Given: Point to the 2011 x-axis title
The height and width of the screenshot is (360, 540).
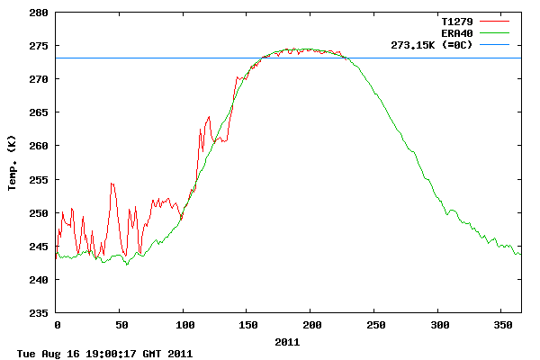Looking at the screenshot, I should tap(287, 342).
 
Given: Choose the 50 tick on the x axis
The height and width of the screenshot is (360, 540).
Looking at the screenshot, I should tap(121, 324).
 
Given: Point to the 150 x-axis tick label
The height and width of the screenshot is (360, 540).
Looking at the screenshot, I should tap(247, 324).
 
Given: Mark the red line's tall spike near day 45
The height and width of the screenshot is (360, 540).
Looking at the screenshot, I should tap(112, 184).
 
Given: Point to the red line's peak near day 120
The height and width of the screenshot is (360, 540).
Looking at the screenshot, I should tap(209, 116).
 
